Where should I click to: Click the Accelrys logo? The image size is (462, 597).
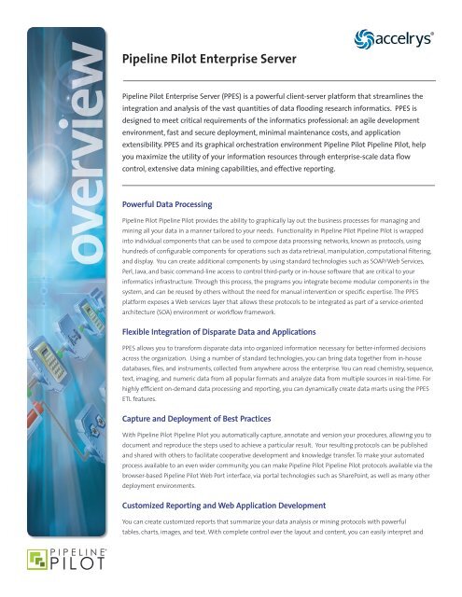pos(413,41)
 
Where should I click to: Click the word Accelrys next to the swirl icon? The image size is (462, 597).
pos(422,42)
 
